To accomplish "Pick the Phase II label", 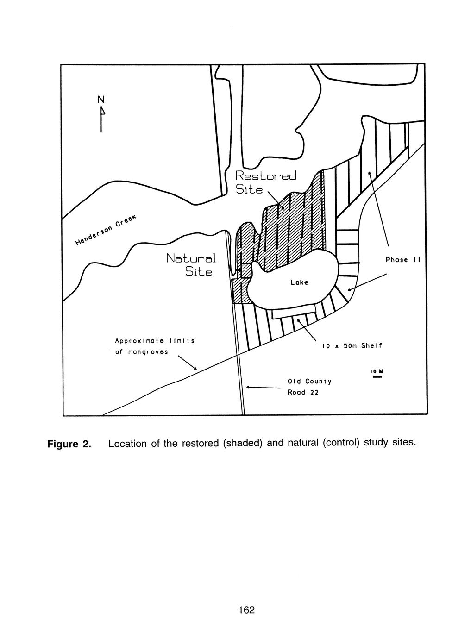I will click(x=402, y=260).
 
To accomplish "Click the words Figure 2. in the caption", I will click(x=69, y=445).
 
